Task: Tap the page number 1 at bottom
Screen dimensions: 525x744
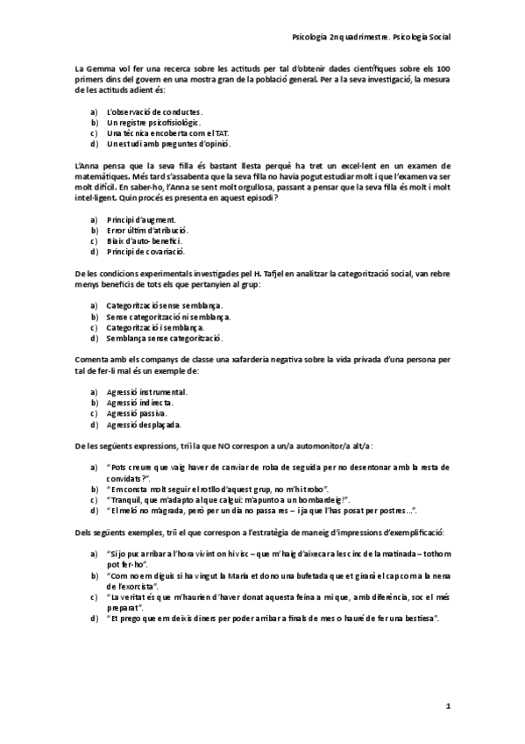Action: pyautogui.click(x=447, y=705)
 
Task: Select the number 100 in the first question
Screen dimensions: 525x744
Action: pyautogui.click(x=443, y=68)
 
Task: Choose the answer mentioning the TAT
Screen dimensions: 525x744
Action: pyautogui.click(x=154, y=132)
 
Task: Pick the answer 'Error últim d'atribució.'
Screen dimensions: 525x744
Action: pyautogui.click(x=146, y=230)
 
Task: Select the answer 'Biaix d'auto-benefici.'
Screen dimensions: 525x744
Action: pyautogui.click(x=144, y=240)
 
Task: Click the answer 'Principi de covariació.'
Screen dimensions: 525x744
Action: pyautogui.click(x=147, y=251)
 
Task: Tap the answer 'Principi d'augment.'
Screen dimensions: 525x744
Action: pyautogui.click(x=140, y=219)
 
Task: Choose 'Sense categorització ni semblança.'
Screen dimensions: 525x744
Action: pyautogui.click(x=167, y=316)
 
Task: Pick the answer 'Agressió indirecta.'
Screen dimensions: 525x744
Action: pyautogui.click(x=139, y=402)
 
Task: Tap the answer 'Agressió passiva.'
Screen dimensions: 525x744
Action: pyautogui.click(x=137, y=412)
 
